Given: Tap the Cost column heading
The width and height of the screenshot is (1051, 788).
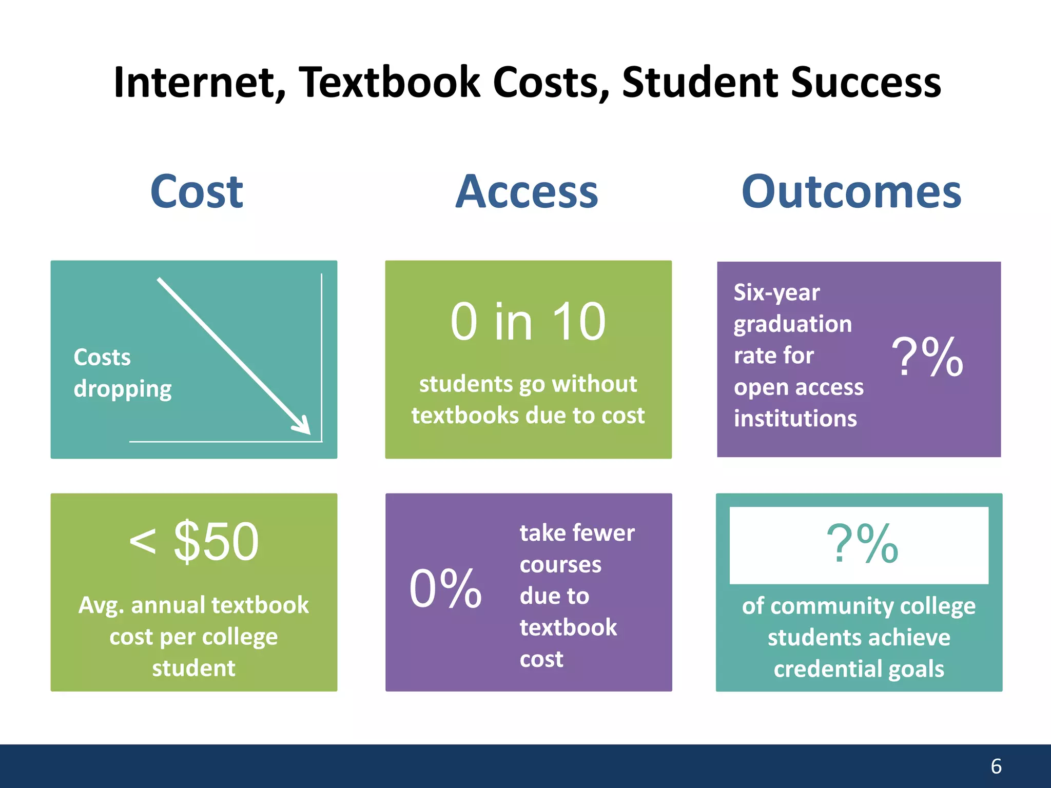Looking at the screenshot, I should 197,192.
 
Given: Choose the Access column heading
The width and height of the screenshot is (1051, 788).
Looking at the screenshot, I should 527,192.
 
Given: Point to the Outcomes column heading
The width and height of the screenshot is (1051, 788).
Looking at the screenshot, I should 851,192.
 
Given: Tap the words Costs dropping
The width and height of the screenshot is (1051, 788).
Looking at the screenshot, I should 122,373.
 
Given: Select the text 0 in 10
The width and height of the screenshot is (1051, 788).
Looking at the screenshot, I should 528,322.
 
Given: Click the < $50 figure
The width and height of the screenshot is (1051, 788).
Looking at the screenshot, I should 194,542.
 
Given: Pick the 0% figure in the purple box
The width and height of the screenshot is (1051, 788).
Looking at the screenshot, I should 445,589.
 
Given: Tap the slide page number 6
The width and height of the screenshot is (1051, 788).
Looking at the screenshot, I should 996,766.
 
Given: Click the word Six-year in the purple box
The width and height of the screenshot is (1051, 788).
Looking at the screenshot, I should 776,293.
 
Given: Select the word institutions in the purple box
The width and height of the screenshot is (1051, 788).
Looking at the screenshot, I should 795,419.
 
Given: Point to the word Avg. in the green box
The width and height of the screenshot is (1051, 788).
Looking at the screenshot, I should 101,606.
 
